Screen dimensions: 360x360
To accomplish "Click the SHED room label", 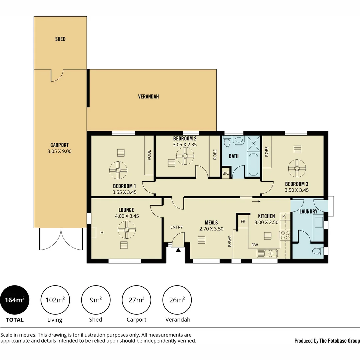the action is tap(60, 39).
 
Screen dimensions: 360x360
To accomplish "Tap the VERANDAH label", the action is tap(148, 96).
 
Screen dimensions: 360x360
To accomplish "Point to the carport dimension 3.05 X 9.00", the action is tap(59, 151).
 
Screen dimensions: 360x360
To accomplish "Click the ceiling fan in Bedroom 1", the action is tap(118, 170).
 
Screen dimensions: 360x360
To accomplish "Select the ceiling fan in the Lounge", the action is tap(127, 230).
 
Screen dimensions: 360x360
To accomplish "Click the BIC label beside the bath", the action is tap(225, 173).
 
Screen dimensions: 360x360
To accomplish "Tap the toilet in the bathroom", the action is tap(227, 141).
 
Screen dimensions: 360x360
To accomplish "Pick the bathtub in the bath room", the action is tap(253, 164).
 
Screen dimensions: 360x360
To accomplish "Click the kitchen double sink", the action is tap(267, 253).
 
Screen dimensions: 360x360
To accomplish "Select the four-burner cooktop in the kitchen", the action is tap(285, 236).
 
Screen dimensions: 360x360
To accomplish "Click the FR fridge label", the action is tap(243, 221).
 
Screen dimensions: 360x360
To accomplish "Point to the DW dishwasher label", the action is tap(255, 245).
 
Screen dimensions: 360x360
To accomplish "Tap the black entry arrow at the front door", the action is tap(178, 250).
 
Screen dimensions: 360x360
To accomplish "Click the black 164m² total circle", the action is tap(15, 300).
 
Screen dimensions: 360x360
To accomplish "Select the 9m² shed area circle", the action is tap(96, 300).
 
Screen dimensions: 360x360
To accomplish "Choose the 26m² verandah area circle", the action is tap(177, 300).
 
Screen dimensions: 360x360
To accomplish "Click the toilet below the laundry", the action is tap(318, 251).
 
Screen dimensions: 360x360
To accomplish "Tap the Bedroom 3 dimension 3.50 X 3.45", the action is tap(297, 190).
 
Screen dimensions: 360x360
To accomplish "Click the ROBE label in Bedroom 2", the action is tap(215, 155).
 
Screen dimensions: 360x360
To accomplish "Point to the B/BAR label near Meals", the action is tap(230, 241).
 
